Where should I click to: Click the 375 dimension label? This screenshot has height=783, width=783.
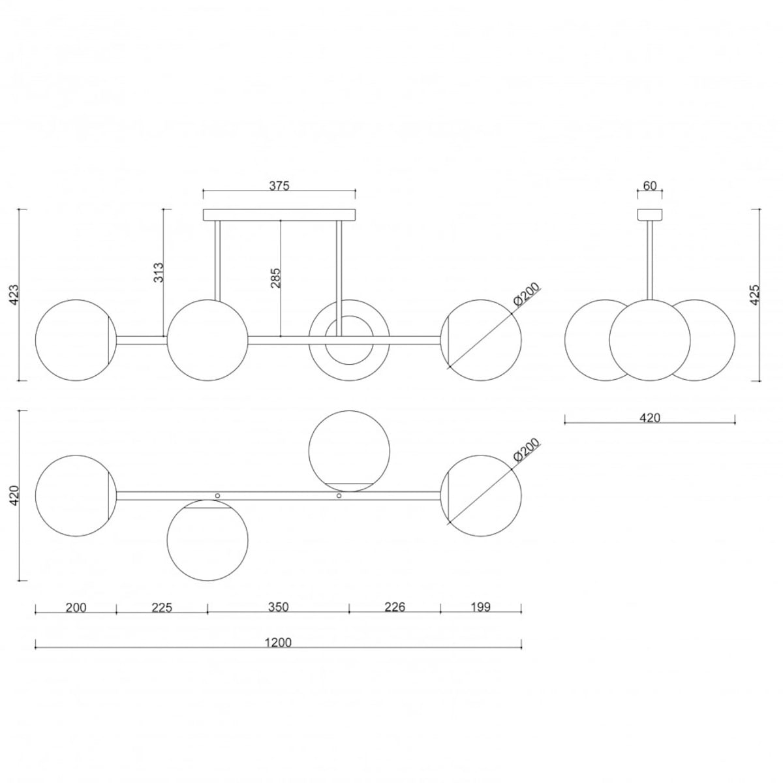279,186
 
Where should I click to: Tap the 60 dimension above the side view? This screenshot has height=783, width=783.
650,186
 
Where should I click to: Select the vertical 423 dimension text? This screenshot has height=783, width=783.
14,295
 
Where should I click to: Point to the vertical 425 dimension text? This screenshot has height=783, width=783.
754,295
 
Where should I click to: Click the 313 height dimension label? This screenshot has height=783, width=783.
159,272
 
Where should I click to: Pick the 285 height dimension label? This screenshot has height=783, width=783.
275,278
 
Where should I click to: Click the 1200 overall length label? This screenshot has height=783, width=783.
278,643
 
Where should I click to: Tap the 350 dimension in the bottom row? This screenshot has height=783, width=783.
279,607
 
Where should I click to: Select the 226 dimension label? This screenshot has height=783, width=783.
395,607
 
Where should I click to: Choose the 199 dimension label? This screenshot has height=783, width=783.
481,607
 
